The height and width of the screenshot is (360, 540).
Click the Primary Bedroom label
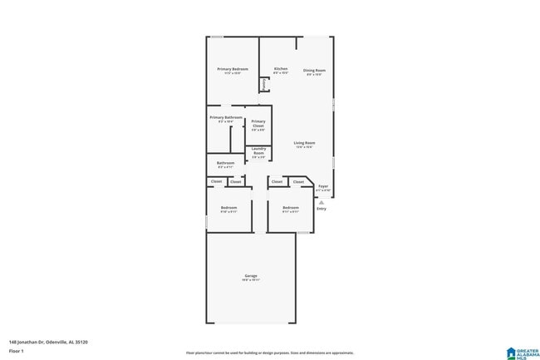233,69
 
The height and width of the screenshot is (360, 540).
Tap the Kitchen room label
281,68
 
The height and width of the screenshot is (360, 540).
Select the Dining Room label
314,71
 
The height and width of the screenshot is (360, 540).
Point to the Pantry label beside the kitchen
263,84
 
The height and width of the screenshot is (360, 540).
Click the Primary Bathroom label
226,118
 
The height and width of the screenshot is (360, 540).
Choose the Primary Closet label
258,121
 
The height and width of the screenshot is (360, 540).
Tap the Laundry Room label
258,150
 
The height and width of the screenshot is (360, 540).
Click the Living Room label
304,143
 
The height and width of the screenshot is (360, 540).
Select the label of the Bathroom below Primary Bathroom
225,163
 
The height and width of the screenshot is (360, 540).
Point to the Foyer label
323,186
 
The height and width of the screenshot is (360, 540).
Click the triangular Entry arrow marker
321,201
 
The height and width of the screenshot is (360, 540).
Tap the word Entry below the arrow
321,209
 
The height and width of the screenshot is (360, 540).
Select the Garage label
251,276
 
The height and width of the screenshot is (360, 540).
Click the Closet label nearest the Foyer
298,181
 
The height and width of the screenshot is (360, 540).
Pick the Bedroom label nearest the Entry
290,208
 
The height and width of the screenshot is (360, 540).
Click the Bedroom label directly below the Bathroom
228,208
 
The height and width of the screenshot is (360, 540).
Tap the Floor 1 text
17,352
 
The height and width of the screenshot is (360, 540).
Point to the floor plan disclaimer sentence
269,353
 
